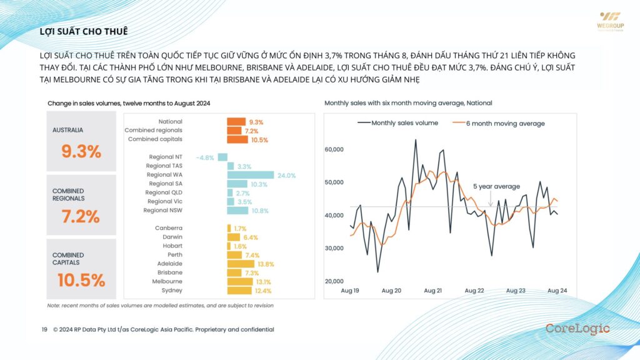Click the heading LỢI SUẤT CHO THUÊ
click(x=84, y=31)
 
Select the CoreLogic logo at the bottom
click(x=577, y=329)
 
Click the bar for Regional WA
click(x=251, y=175)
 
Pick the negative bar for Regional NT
click(x=222, y=157)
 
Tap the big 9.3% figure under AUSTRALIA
click(x=81, y=151)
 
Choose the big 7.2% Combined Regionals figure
click(x=81, y=216)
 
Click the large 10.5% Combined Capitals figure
click(x=81, y=281)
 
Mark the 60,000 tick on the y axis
click(x=336, y=149)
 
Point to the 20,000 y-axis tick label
click(x=336, y=281)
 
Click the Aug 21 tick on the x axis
click(x=433, y=291)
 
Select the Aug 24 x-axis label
click(x=557, y=291)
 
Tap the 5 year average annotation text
click(x=496, y=186)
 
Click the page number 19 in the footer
click(x=45, y=329)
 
